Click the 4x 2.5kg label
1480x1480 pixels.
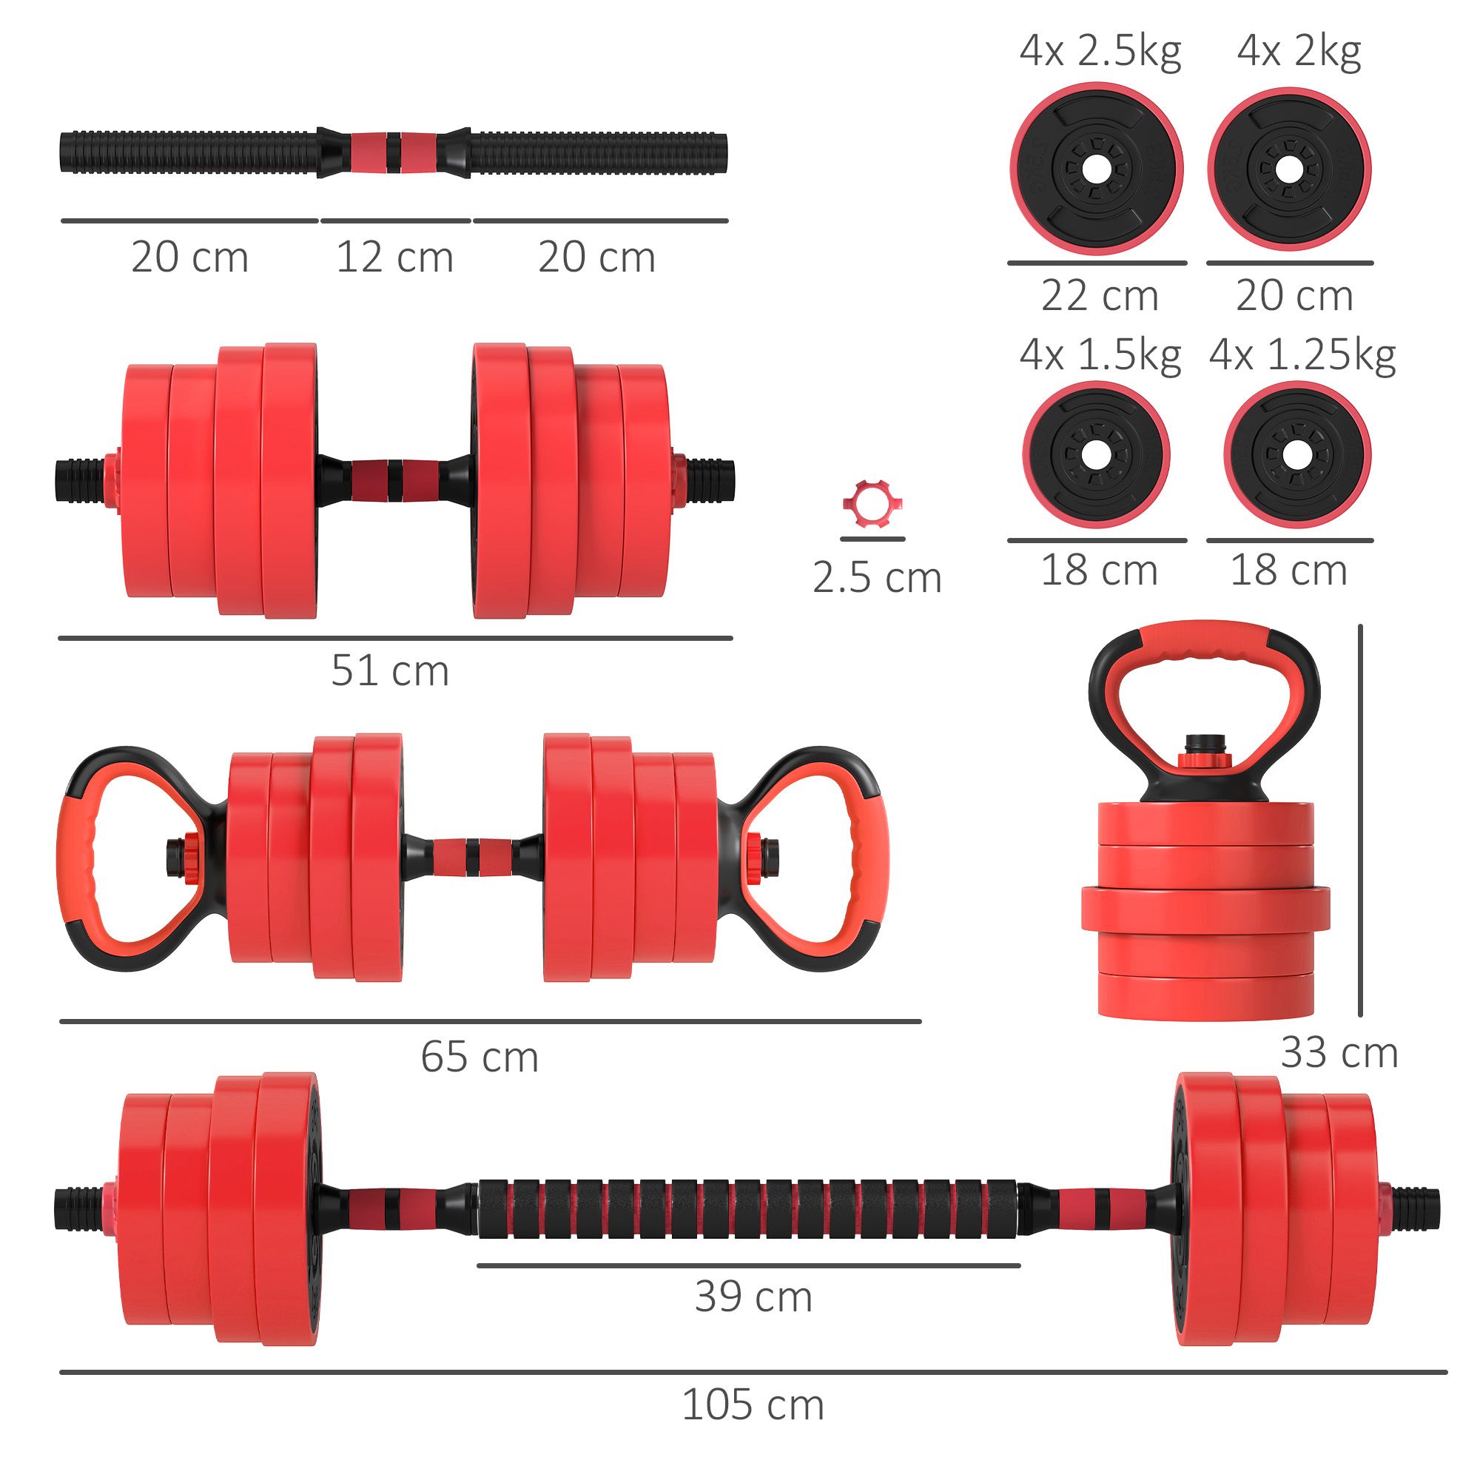coord(1100,52)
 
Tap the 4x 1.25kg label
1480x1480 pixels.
coord(1302,356)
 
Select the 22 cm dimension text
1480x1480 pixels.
coord(1100,296)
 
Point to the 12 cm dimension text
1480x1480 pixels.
coord(394,258)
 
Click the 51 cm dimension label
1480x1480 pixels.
coord(390,671)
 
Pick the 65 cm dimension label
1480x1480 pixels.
coord(480,1057)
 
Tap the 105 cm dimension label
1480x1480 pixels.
coord(753,1405)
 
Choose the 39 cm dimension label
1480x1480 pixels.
coord(753,1297)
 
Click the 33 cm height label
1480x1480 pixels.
coord(1339,1052)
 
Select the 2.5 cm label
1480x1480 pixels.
coord(876,578)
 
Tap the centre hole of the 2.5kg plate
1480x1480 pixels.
coord(1097,169)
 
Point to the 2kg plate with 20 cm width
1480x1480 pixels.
coord(1289,169)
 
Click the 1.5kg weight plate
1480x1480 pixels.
coord(1096,456)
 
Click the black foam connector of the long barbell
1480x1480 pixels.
coord(747,1210)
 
